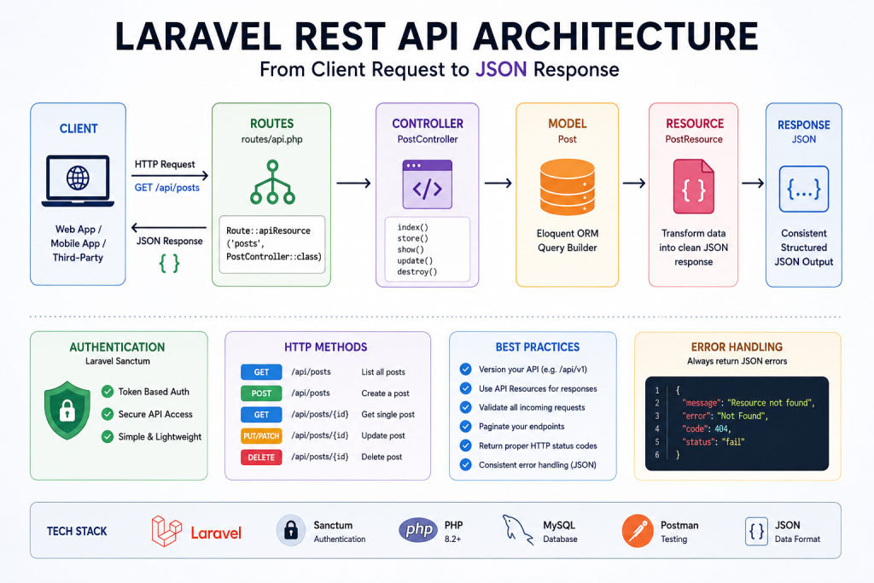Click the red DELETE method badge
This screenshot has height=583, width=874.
[261, 457]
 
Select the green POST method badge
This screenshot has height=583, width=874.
[261, 393]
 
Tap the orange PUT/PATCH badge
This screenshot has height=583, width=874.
[261, 436]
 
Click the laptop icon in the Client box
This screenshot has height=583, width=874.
[78, 181]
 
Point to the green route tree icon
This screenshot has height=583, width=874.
[272, 183]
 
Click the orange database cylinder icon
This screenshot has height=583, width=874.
[568, 187]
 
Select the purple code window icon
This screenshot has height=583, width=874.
[428, 184]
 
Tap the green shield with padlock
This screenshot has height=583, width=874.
[67, 411]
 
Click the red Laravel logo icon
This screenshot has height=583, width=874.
[166, 531]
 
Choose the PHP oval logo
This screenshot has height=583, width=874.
[418, 529]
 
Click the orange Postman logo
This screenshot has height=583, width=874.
[638, 531]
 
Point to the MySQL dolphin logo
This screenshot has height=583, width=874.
[517, 529]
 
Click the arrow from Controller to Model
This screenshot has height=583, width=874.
[498, 183]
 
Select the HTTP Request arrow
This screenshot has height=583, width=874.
[170, 176]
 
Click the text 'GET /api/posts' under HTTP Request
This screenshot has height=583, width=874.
[166, 188]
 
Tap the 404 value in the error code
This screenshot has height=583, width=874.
[721, 429]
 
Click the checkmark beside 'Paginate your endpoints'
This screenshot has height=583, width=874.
[465, 427]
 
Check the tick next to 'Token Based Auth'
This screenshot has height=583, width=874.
[108, 392]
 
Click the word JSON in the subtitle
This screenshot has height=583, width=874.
[501, 70]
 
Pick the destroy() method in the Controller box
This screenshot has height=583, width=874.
[417, 272]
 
